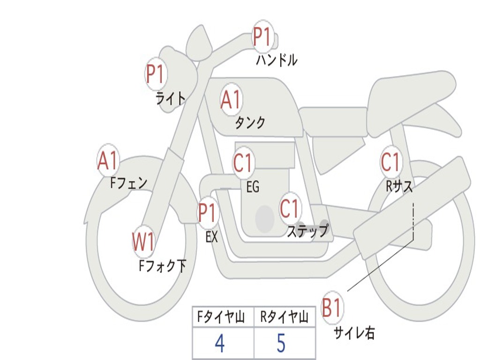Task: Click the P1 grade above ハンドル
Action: coord(262,37)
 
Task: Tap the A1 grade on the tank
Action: coord(231,99)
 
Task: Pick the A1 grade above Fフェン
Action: coord(108,161)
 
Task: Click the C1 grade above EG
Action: coord(243,163)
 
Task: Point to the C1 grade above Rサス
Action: coord(390,162)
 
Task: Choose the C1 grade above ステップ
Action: coord(290,208)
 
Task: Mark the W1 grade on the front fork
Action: coord(143,242)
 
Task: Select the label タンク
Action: coord(250,123)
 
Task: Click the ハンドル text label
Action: coord(277,60)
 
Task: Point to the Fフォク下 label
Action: coord(162,266)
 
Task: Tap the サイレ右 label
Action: coord(354,333)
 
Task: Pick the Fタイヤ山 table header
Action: coord(220,318)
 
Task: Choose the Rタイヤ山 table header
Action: coord(284,318)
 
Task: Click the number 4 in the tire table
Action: coord(219,344)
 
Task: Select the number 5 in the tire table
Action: coord(281,344)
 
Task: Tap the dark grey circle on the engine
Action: coord(265,218)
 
